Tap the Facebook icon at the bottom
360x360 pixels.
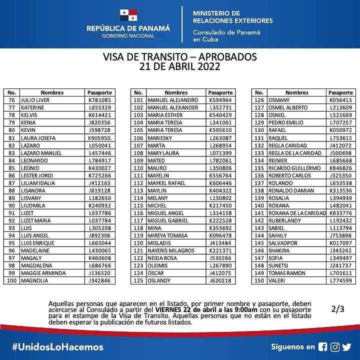(323, 346)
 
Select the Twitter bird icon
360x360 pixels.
(347, 346)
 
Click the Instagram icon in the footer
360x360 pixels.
(335, 346)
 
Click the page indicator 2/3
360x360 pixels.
(338, 309)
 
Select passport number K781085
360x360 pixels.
(99, 100)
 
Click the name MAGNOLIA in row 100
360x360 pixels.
(34, 280)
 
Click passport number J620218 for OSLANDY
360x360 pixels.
(220, 280)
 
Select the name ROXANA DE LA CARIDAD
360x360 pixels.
(297, 212)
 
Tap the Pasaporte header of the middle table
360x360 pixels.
(220, 92)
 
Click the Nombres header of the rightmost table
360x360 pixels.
(297, 92)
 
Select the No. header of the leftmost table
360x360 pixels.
(12, 92)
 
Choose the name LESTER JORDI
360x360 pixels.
(38, 175)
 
